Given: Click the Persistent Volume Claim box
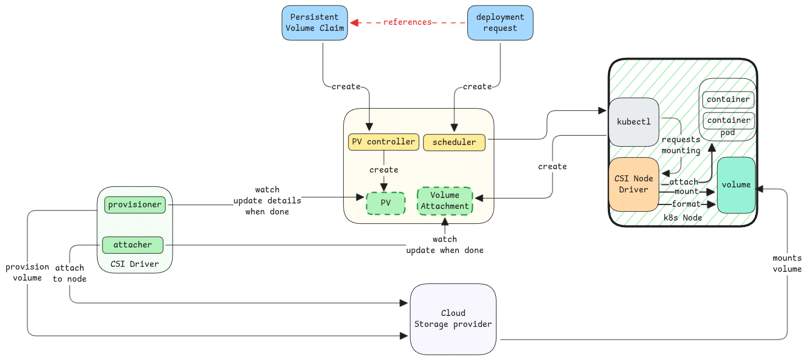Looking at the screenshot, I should (315, 23).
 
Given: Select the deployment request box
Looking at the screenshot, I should (500, 23).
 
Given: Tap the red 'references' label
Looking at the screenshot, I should (407, 22).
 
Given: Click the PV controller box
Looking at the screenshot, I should (383, 142).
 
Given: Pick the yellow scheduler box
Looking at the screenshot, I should (454, 142).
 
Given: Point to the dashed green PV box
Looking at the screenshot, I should (386, 203).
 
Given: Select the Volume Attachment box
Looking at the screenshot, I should (445, 201).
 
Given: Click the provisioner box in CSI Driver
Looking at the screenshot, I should (135, 205).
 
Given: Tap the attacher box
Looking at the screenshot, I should (132, 245).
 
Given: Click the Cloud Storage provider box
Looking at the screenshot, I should (453, 319).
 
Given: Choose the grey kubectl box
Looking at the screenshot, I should (634, 122).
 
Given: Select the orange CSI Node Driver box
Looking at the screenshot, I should (634, 184).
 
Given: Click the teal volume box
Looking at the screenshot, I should (736, 185).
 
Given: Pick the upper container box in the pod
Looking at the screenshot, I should (729, 99).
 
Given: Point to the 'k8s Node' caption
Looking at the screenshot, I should (683, 218).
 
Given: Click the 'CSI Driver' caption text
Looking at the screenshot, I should (135, 264).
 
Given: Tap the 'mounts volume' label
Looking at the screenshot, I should (787, 264).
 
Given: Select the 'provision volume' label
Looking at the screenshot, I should (28, 272).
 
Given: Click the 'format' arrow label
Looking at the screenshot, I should (686, 204).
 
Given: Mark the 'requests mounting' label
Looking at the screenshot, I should (681, 145).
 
